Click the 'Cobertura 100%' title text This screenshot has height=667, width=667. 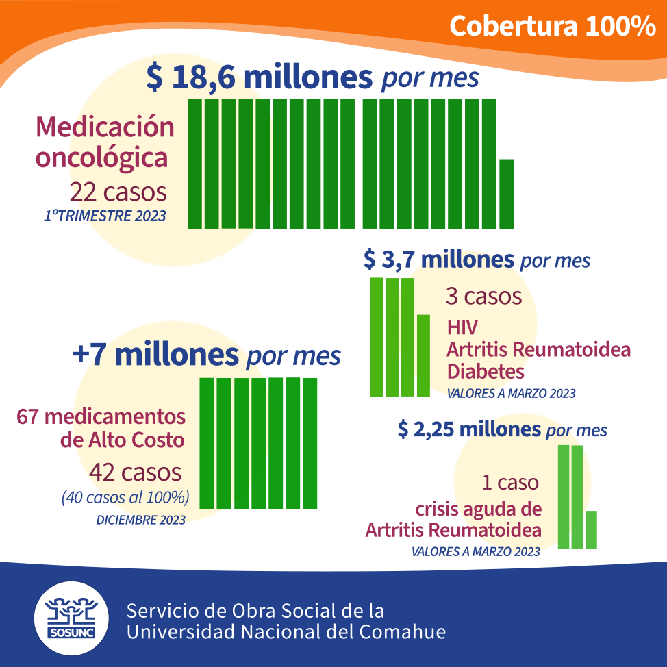(552, 27)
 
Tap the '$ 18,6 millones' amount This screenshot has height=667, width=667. (260, 77)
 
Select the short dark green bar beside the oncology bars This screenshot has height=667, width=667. (506, 194)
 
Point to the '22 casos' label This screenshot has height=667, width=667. (118, 192)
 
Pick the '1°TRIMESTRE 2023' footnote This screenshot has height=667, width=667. (105, 216)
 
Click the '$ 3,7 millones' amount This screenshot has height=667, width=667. (439, 259)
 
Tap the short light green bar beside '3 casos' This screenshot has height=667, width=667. (423, 355)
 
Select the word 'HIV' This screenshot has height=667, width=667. (462, 327)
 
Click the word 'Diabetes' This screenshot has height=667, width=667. (486, 371)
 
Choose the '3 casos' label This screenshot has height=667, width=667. (483, 297)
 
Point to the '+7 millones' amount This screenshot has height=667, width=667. (155, 354)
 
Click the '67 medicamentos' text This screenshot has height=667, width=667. (101, 416)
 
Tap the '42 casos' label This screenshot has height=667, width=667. (136, 473)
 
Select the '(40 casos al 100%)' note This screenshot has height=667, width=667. (125, 497)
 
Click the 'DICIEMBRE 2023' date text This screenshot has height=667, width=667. (141, 520)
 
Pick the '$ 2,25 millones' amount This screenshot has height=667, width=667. (470, 429)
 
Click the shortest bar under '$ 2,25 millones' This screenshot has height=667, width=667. (591, 529)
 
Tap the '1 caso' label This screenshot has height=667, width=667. (510, 483)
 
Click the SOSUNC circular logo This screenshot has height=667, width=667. (71, 618)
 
